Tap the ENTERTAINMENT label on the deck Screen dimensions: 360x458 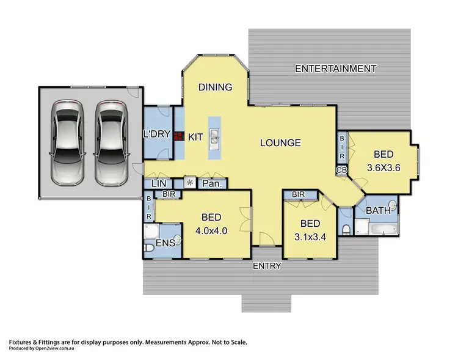tap(335, 68)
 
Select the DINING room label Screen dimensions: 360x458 tap(216, 87)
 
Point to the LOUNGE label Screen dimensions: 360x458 tap(280, 143)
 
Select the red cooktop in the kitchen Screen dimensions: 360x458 tap(178, 137)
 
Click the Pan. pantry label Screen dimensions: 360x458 tap(211, 183)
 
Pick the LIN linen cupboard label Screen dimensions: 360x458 tap(158, 183)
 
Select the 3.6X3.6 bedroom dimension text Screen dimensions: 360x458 tap(383, 167)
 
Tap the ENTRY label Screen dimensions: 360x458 tap(266, 266)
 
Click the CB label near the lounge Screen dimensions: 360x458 tap(341, 170)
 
